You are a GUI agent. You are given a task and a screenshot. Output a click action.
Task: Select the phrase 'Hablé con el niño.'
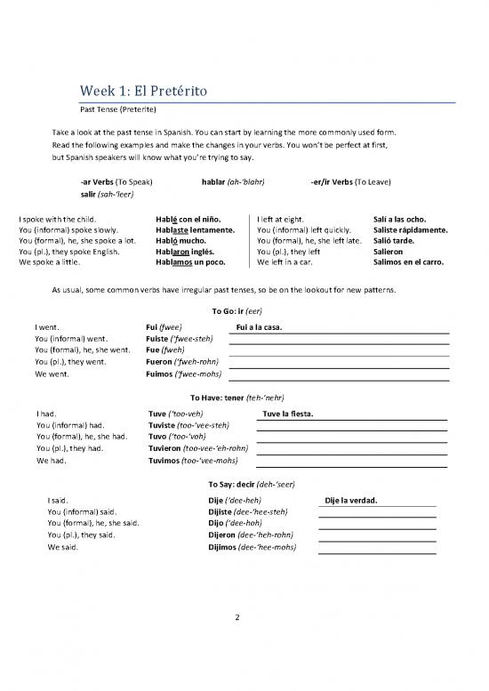(188, 219)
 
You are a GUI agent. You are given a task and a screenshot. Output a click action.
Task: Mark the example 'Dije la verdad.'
(352, 500)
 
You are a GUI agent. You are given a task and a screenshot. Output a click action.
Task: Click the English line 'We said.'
(63, 547)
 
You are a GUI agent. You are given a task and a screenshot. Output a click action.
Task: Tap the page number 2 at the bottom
(236, 619)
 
